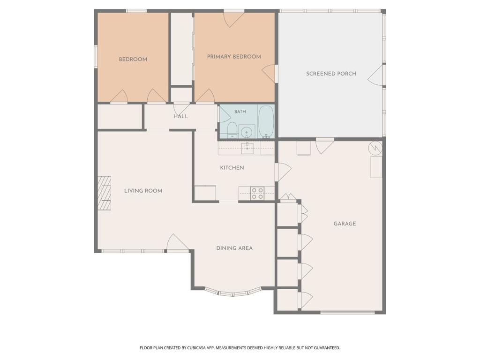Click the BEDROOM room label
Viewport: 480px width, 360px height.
(x=133, y=60)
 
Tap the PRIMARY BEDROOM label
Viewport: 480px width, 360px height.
(x=234, y=57)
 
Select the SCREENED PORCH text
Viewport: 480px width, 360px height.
(x=331, y=74)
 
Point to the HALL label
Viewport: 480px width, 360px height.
(x=180, y=116)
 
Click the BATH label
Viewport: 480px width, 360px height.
(x=240, y=112)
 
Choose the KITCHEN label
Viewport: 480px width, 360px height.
(x=232, y=168)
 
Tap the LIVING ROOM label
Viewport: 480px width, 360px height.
(x=143, y=191)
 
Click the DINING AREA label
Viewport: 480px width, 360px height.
(x=234, y=248)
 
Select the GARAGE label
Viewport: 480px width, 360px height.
(x=345, y=224)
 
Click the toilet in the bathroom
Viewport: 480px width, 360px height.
(x=232, y=130)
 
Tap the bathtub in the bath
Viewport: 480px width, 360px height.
(x=266, y=122)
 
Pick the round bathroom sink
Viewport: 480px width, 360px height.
(x=247, y=132)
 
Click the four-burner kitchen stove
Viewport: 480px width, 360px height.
(x=257, y=194)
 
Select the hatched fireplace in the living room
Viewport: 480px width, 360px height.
(x=105, y=193)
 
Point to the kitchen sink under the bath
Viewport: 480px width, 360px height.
(x=247, y=148)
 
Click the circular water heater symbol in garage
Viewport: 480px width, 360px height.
(x=375, y=148)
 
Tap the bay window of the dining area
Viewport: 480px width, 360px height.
(x=233, y=293)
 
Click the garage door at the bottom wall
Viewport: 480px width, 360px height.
(x=347, y=313)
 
